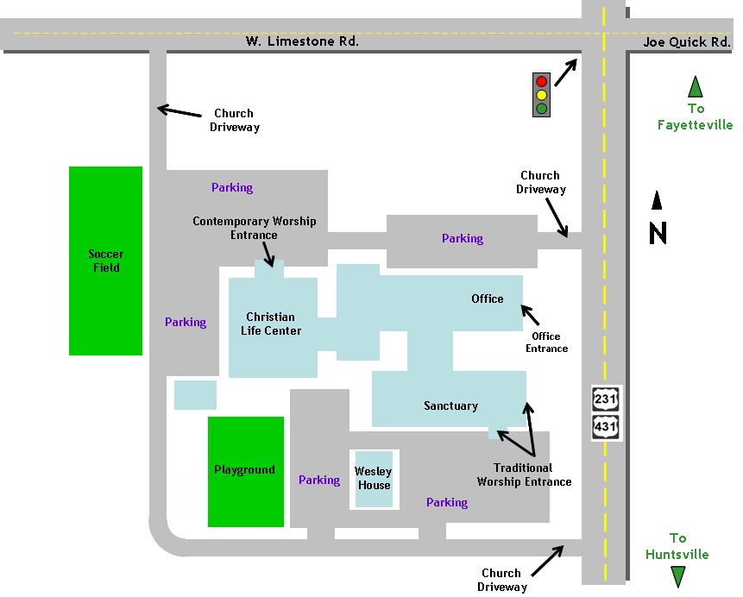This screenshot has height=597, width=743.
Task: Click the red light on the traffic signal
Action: click(x=542, y=81)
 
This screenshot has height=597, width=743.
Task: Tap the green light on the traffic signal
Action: click(x=542, y=108)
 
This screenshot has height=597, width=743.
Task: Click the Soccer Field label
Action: click(x=106, y=261)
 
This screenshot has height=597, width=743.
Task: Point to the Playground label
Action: click(x=245, y=470)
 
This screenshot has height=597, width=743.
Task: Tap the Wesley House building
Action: click(x=374, y=478)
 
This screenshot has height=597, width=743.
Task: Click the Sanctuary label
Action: click(x=450, y=405)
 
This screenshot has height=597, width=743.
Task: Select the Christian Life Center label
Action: click(x=270, y=324)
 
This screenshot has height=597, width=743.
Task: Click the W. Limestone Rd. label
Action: click(x=302, y=41)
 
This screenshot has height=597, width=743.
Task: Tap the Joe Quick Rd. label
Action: click(x=687, y=42)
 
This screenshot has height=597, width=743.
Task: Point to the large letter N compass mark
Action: click(x=658, y=233)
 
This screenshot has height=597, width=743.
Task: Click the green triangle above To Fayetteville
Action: click(x=695, y=87)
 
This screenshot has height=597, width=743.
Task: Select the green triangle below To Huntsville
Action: click(x=678, y=576)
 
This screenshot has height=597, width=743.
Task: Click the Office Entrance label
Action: click(x=547, y=342)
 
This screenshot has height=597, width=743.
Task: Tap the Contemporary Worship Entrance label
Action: click(x=255, y=228)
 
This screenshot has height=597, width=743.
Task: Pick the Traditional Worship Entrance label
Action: click(x=524, y=474)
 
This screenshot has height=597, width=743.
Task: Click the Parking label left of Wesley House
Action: click(x=319, y=481)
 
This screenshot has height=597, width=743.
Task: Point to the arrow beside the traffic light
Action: click(x=567, y=72)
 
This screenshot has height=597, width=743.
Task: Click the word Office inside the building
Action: click(x=488, y=298)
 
